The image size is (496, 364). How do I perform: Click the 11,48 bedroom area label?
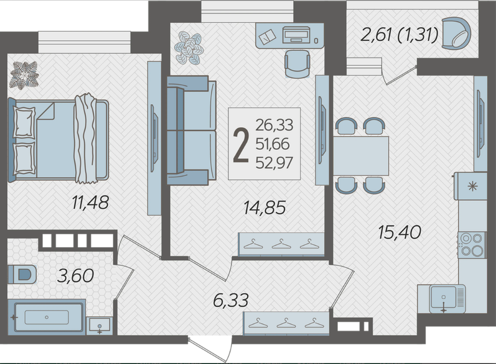[91, 203]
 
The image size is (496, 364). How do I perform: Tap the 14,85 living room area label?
[264, 208]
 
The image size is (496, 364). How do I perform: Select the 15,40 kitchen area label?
[400, 233]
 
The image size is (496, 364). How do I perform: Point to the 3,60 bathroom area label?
[75, 276]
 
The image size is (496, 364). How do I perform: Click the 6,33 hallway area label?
[231, 301]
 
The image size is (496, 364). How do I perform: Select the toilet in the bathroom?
[22, 274]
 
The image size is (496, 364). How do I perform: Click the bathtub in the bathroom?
[47, 317]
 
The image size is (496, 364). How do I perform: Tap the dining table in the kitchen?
[361, 156]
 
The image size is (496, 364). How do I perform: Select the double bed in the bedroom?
[59, 139]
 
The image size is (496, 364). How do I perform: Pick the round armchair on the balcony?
[456, 33]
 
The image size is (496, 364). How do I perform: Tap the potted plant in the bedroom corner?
[24, 75]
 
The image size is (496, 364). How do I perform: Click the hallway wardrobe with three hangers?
[286, 323]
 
